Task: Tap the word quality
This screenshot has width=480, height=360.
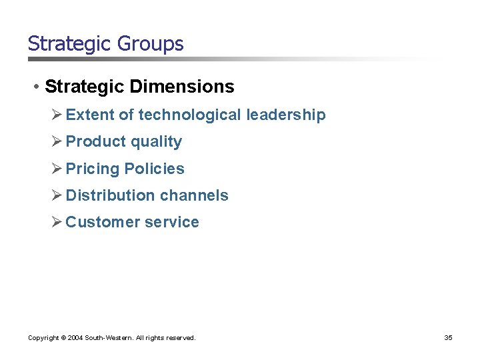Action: click(156, 141)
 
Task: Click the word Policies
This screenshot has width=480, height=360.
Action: click(154, 169)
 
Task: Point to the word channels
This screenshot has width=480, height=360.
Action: click(193, 195)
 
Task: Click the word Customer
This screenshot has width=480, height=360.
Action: click(98, 222)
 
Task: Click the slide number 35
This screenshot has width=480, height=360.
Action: click(448, 338)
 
